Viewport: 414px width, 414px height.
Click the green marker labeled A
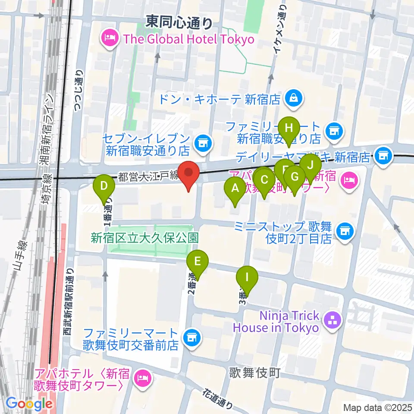(x=235, y=188)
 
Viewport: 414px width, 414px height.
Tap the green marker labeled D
(x=104, y=186)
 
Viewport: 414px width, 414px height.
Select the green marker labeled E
(x=198, y=261)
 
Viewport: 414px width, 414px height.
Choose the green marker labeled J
(x=310, y=164)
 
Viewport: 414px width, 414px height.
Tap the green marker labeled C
(x=264, y=180)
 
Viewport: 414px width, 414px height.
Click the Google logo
(x=29, y=404)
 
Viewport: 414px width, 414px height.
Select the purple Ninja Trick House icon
(x=332, y=320)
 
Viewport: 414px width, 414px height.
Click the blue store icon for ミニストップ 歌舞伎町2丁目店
(x=344, y=232)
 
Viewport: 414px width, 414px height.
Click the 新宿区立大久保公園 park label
(x=144, y=237)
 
